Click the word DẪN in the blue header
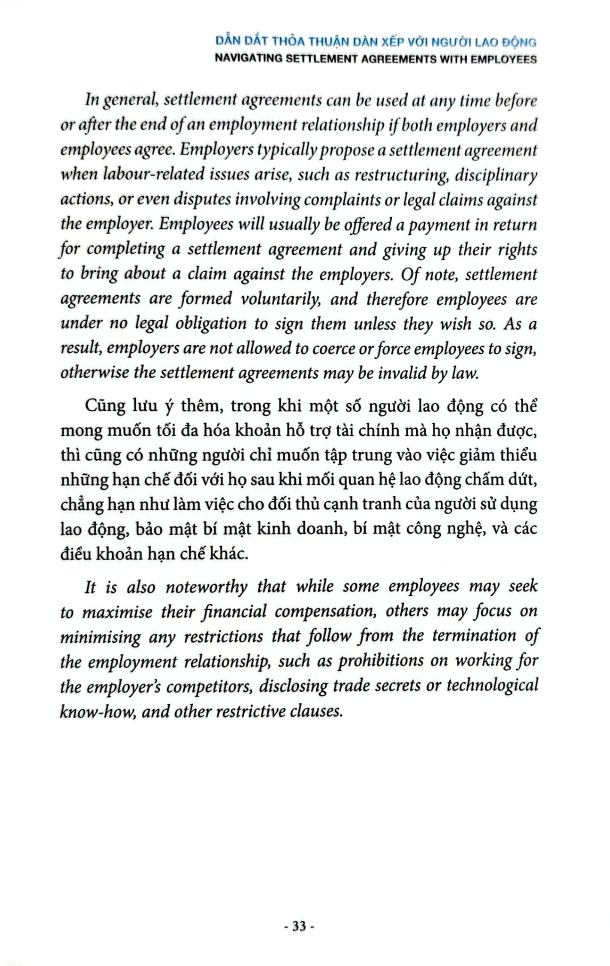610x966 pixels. pyautogui.click(x=225, y=42)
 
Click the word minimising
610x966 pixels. pyautogui.click(x=100, y=636)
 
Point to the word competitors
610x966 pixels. pyautogui.click(x=207, y=686)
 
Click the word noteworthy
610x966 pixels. pyautogui.click(x=206, y=586)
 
